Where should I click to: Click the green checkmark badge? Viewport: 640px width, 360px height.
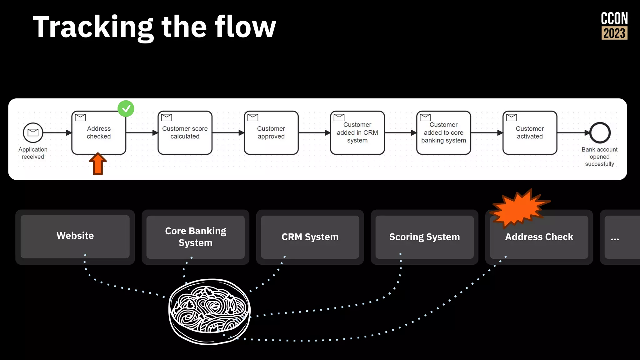click(126, 108)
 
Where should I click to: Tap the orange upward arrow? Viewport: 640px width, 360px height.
click(98, 164)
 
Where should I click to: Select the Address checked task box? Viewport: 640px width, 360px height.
click(99, 133)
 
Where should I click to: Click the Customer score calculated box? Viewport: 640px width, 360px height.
click(185, 133)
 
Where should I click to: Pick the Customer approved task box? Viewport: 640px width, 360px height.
click(271, 133)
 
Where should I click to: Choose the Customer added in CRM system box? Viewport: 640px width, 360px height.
click(357, 133)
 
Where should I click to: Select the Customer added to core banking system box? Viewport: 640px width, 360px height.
click(443, 133)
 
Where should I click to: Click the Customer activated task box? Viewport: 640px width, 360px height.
click(530, 133)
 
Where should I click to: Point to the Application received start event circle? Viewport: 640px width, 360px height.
click(33, 132)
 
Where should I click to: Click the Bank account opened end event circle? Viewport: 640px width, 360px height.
click(600, 133)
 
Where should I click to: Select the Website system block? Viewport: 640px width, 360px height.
click(75, 236)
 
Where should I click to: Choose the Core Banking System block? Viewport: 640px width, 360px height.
click(196, 237)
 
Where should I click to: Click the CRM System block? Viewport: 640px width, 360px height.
click(310, 237)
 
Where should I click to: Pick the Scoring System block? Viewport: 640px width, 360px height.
click(424, 237)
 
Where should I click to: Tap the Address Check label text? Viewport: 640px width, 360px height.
click(539, 237)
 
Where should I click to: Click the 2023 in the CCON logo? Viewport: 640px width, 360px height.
click(614, 33)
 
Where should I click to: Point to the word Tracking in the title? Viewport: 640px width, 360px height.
click(93, 27)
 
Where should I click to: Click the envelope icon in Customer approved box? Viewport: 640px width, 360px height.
click(252, 117)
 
